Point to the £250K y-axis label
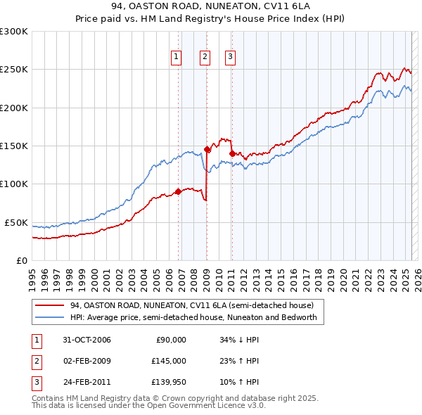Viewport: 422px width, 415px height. [x=14, y=70]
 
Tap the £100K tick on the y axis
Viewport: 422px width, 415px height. [x=14, y=184]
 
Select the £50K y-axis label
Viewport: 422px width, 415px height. [x=17, y=222]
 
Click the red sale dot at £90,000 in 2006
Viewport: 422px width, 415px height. [x=179, y=191]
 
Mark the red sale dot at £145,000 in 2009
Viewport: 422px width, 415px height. [x=207, y=149]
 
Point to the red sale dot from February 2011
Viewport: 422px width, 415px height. [x=232, y=153]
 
